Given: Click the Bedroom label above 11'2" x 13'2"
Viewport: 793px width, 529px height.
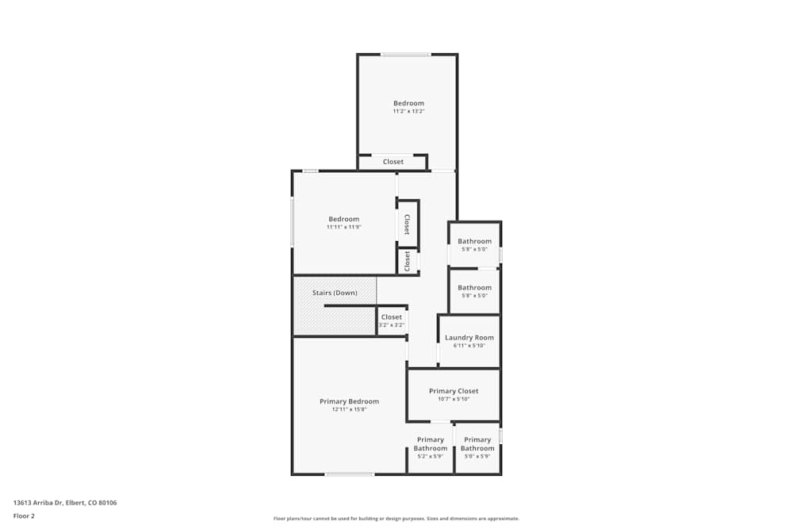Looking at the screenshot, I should [408, 103].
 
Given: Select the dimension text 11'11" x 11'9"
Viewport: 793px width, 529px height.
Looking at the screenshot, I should [343, 227].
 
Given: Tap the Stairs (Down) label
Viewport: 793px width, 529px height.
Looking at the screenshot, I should [335, 293].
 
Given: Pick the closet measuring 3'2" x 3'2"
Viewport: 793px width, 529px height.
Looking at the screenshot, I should [392, 320].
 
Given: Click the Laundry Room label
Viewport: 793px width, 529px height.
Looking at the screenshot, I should [469, 337].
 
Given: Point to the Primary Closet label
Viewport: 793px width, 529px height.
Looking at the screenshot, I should [454, 391].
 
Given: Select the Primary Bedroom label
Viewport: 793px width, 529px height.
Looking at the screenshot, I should [349, 401].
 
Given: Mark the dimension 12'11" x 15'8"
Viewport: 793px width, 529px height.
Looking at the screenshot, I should [349, 410].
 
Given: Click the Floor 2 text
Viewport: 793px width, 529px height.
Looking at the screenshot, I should [24, 516].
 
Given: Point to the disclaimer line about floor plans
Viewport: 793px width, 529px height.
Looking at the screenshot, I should [396, 519].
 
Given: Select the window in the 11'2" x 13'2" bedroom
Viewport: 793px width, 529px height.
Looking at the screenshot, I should [405, 55].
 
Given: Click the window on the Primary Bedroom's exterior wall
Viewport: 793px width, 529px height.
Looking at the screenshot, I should [349, 474].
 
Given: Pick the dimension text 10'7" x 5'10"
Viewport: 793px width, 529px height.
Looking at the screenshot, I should [454, 399].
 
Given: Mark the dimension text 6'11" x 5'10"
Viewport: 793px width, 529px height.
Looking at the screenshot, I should [469, 346].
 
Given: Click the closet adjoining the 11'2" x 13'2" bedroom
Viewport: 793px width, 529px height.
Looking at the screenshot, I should [393, 162].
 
